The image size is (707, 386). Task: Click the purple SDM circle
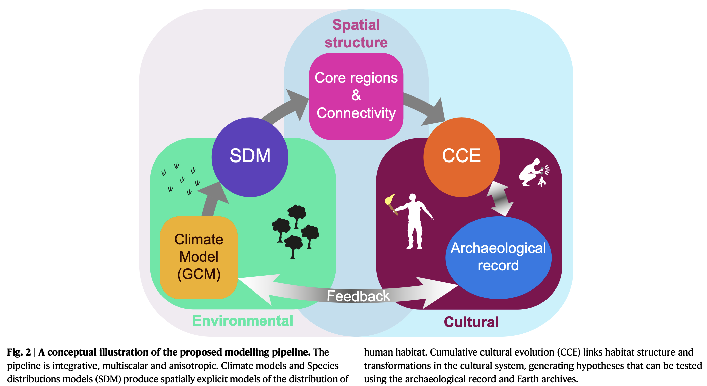click(x=250, y=157)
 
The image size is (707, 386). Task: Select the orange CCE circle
click(x=461, y=157)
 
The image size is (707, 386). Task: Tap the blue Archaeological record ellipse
click(x=498, y=257)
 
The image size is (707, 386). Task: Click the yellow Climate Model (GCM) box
click(x=199, y=257)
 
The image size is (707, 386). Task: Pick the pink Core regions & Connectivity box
click(x=356, y=95)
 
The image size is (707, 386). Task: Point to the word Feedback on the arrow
click(x=358, y=296)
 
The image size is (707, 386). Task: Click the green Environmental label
click(x=243, y=321)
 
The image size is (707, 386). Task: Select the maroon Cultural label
click(x=471, y=322)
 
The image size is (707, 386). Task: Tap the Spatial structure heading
click(x=356, y=34)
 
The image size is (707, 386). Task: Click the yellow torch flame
click(x=390, y=199)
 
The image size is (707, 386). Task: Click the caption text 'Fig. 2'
click(x=19, y=352)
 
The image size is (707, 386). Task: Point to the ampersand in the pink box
click(x=356, y=95)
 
